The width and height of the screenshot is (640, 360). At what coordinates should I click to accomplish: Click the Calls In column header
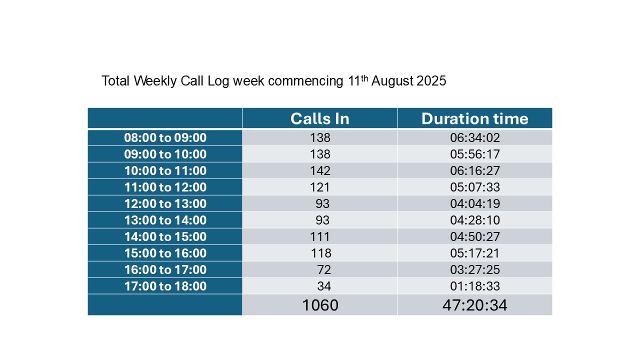coord(319,118)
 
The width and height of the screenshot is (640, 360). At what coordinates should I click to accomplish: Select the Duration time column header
coord(474,118)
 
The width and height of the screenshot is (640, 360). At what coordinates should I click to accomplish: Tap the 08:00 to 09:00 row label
coord(165,137)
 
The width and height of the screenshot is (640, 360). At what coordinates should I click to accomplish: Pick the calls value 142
coord(320,171)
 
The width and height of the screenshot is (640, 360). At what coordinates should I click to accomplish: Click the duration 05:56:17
coord(475,154)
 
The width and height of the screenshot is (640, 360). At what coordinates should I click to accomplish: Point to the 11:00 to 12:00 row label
coord(165,187)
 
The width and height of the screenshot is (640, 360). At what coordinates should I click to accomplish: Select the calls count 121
coord(319,187)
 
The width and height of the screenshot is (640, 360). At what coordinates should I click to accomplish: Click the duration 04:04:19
coord(475,203)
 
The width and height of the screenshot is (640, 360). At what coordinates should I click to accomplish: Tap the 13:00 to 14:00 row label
coord(165,220)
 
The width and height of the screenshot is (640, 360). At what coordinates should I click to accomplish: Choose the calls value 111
coord(319,237)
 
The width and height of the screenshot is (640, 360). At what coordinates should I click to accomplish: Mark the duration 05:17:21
coord(474,253)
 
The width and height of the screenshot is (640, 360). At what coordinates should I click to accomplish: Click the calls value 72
coord(324,269)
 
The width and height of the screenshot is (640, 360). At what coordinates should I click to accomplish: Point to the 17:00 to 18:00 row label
coord(165,286)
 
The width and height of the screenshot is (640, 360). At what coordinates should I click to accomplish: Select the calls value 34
coord(324,286)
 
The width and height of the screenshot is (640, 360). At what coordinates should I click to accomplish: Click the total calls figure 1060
coord(320,305)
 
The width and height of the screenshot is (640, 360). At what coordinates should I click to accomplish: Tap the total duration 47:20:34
coord(474,305)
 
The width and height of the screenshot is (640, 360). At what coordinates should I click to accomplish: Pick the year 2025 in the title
coord(431,81)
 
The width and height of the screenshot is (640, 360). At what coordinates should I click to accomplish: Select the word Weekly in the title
coord(155,81)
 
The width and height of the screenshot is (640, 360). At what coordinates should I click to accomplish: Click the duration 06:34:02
coord(475,137)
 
